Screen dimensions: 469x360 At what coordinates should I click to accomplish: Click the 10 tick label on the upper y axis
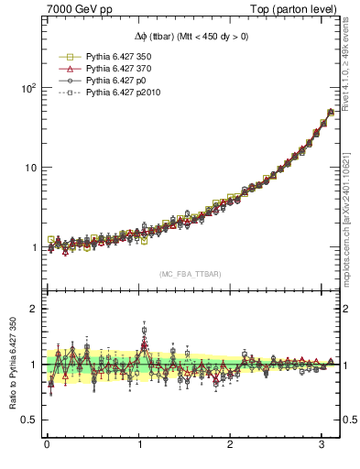pos(28,168)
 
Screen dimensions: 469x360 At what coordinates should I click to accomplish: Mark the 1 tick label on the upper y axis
pos(32,247)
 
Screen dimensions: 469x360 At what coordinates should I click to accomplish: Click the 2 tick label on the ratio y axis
pos(32,309)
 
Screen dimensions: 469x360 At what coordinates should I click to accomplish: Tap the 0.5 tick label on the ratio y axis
pos(27,420)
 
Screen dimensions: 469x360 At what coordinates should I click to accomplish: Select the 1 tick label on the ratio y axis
pos(32,365)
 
